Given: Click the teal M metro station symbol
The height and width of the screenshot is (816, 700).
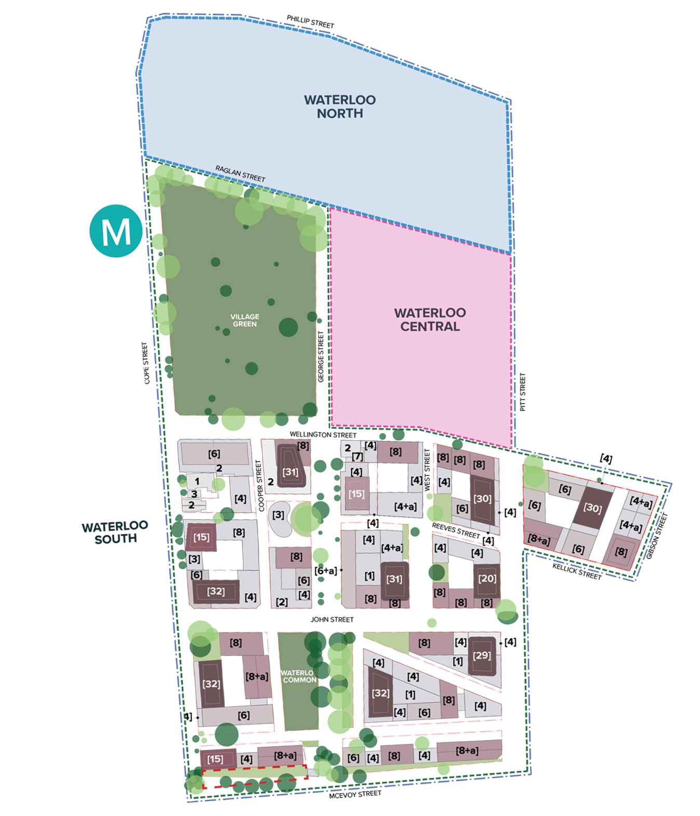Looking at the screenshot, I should (x=116, y=231).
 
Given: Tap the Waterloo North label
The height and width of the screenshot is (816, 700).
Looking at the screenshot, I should (x=340, y=106).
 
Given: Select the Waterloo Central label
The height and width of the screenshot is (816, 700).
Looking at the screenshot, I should (x=430, y=319).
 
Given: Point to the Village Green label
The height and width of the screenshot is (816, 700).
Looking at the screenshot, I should (x=245, y=320).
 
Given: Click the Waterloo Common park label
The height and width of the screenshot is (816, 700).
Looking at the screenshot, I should (x=299, y=676).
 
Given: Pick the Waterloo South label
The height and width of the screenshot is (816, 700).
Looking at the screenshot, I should (x=115, y=532).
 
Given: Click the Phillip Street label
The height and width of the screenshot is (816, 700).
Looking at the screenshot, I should (x=311, y=22).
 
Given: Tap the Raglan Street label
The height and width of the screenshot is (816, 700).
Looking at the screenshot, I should (x=240, y=173).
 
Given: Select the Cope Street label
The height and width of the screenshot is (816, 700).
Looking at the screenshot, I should (x=146, y=363).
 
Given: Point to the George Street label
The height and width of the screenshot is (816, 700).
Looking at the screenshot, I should (x=321, y=357).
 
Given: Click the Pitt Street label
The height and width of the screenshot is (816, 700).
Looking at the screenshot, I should (x=522, y=392).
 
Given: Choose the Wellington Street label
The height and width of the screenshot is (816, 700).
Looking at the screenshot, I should (x=323, y=434).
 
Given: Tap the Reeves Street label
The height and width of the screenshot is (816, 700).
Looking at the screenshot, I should (x=455, y=530).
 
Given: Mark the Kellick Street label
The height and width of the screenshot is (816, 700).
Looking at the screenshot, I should (x=576, y=571).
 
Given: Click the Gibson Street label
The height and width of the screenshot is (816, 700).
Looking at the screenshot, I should (x=656, y=536).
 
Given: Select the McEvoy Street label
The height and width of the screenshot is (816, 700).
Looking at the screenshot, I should (x=355, y=794).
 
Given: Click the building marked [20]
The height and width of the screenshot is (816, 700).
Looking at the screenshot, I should (x=487, y=578).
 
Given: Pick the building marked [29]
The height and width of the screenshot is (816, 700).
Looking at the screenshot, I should (x=482, y=655).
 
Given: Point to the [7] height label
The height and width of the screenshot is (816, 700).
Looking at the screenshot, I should (x=358, y=457).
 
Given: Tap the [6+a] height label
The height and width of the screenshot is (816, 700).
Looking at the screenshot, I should (x=326, y=571).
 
